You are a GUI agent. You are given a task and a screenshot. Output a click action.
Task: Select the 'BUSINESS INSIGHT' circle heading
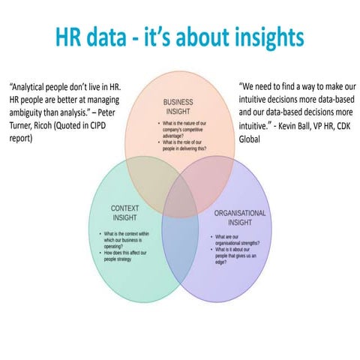tap(179, 106)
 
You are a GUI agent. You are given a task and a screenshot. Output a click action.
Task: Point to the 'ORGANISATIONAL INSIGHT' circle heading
tap(240, 218)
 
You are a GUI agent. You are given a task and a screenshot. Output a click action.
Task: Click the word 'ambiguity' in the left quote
tap(26, 115)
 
